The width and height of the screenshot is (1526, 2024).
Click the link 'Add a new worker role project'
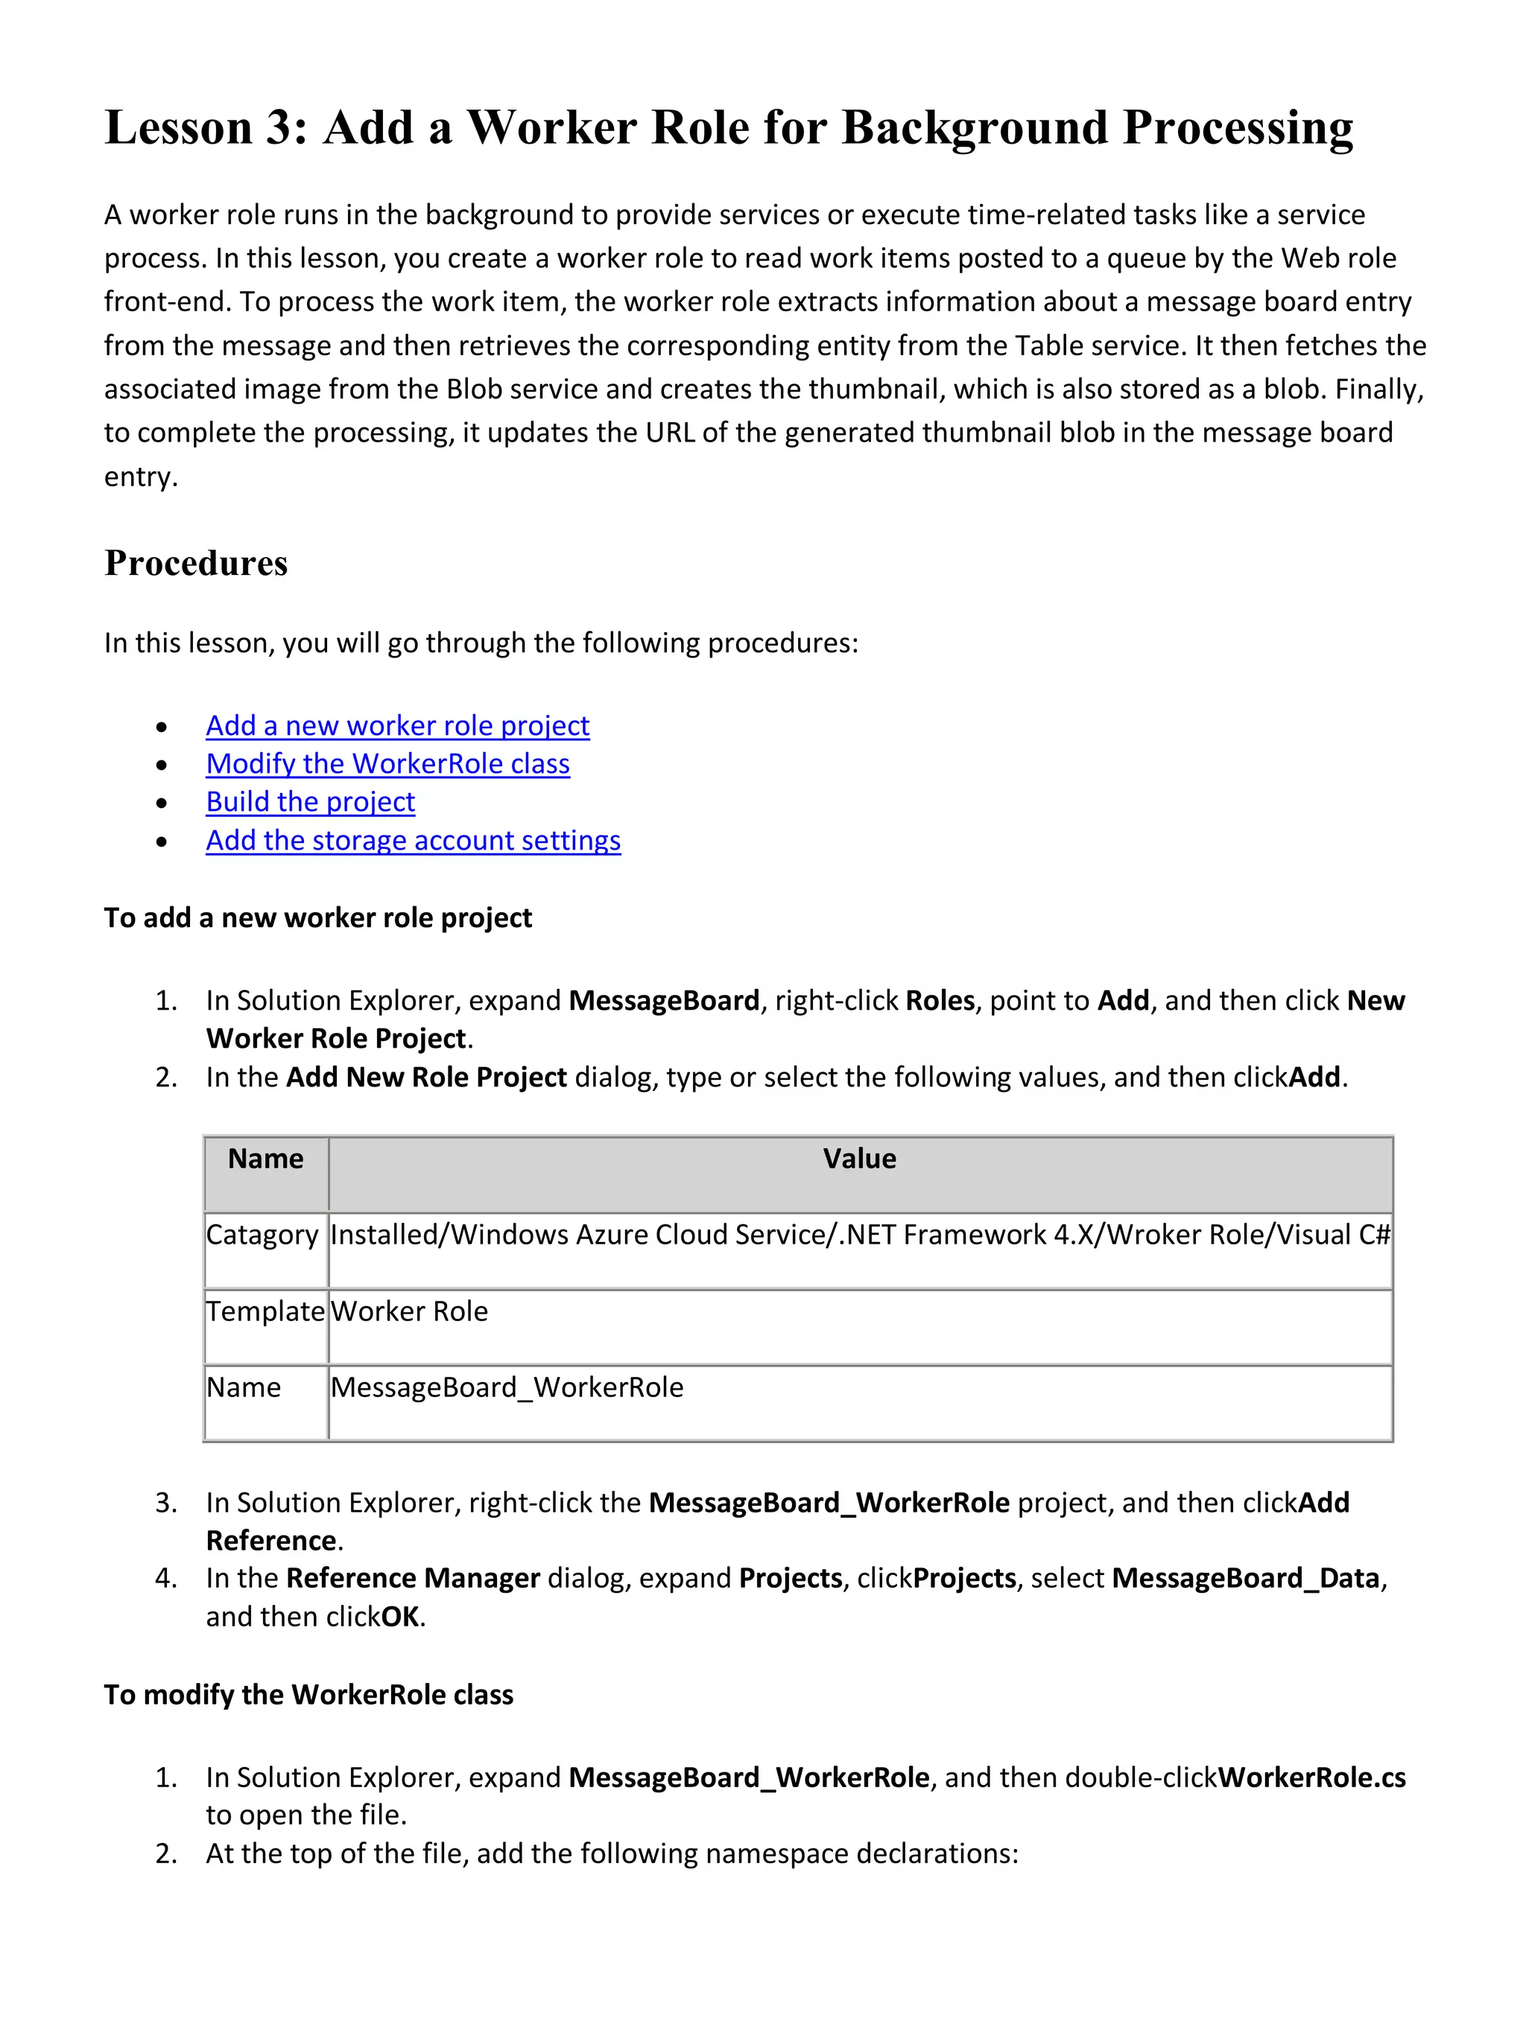[397, 725]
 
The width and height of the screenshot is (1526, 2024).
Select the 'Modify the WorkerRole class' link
[387, 764]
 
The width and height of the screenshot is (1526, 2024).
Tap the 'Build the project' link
[310, 803]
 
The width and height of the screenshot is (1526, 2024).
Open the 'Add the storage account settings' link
[413, 841]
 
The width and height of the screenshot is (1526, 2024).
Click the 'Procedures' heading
[196, 564]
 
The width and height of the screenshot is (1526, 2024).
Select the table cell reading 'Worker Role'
[409, 1312]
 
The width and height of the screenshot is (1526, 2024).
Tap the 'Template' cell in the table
[265, 1312]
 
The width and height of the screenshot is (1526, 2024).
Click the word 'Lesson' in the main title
[177, 127]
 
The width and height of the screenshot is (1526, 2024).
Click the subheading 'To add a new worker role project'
[317, 917]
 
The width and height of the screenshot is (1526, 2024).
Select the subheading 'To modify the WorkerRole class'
[308, 1695]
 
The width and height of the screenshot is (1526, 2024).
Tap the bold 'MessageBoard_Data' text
[1245, 1579]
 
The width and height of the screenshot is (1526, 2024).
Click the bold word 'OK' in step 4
[400, 1617]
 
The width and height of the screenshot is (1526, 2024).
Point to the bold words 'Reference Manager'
[413, 1579]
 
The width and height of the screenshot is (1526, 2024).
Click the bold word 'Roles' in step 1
[939, 1001]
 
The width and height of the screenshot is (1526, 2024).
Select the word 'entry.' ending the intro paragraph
[141, 477]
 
